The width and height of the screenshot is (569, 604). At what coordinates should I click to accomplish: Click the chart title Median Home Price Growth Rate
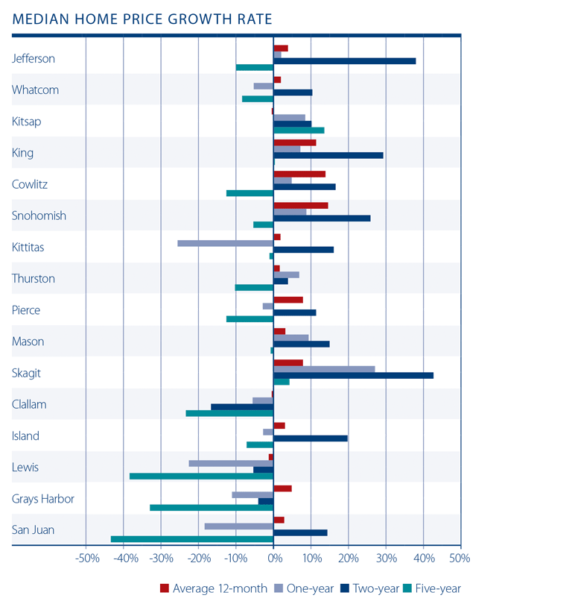pos(142,18)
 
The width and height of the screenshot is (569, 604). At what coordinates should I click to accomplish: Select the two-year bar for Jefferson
pos(345,61)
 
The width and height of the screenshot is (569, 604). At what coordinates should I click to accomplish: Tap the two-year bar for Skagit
pos(353,375)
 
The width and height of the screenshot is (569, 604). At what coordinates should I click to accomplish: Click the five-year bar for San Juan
pos(192,539)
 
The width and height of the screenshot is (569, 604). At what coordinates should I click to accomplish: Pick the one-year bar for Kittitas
pos(225,243)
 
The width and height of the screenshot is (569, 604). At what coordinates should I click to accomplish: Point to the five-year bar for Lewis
pos(201,476)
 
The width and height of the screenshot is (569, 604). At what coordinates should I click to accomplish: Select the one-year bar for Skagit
pos(324,369)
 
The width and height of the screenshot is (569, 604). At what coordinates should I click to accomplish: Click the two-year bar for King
pos(328,155)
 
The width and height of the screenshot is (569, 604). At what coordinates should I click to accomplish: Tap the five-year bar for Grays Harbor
pos(212,508)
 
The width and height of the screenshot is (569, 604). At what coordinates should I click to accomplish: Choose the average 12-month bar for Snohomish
pos(301,205)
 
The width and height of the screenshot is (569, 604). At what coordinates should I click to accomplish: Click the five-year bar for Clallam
pos(229,413)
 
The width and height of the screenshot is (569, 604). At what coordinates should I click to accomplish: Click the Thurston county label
pos(34,279)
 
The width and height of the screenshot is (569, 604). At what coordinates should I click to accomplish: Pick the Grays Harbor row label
pos(43,499)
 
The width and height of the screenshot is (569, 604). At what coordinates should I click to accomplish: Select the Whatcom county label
pos(35,90)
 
